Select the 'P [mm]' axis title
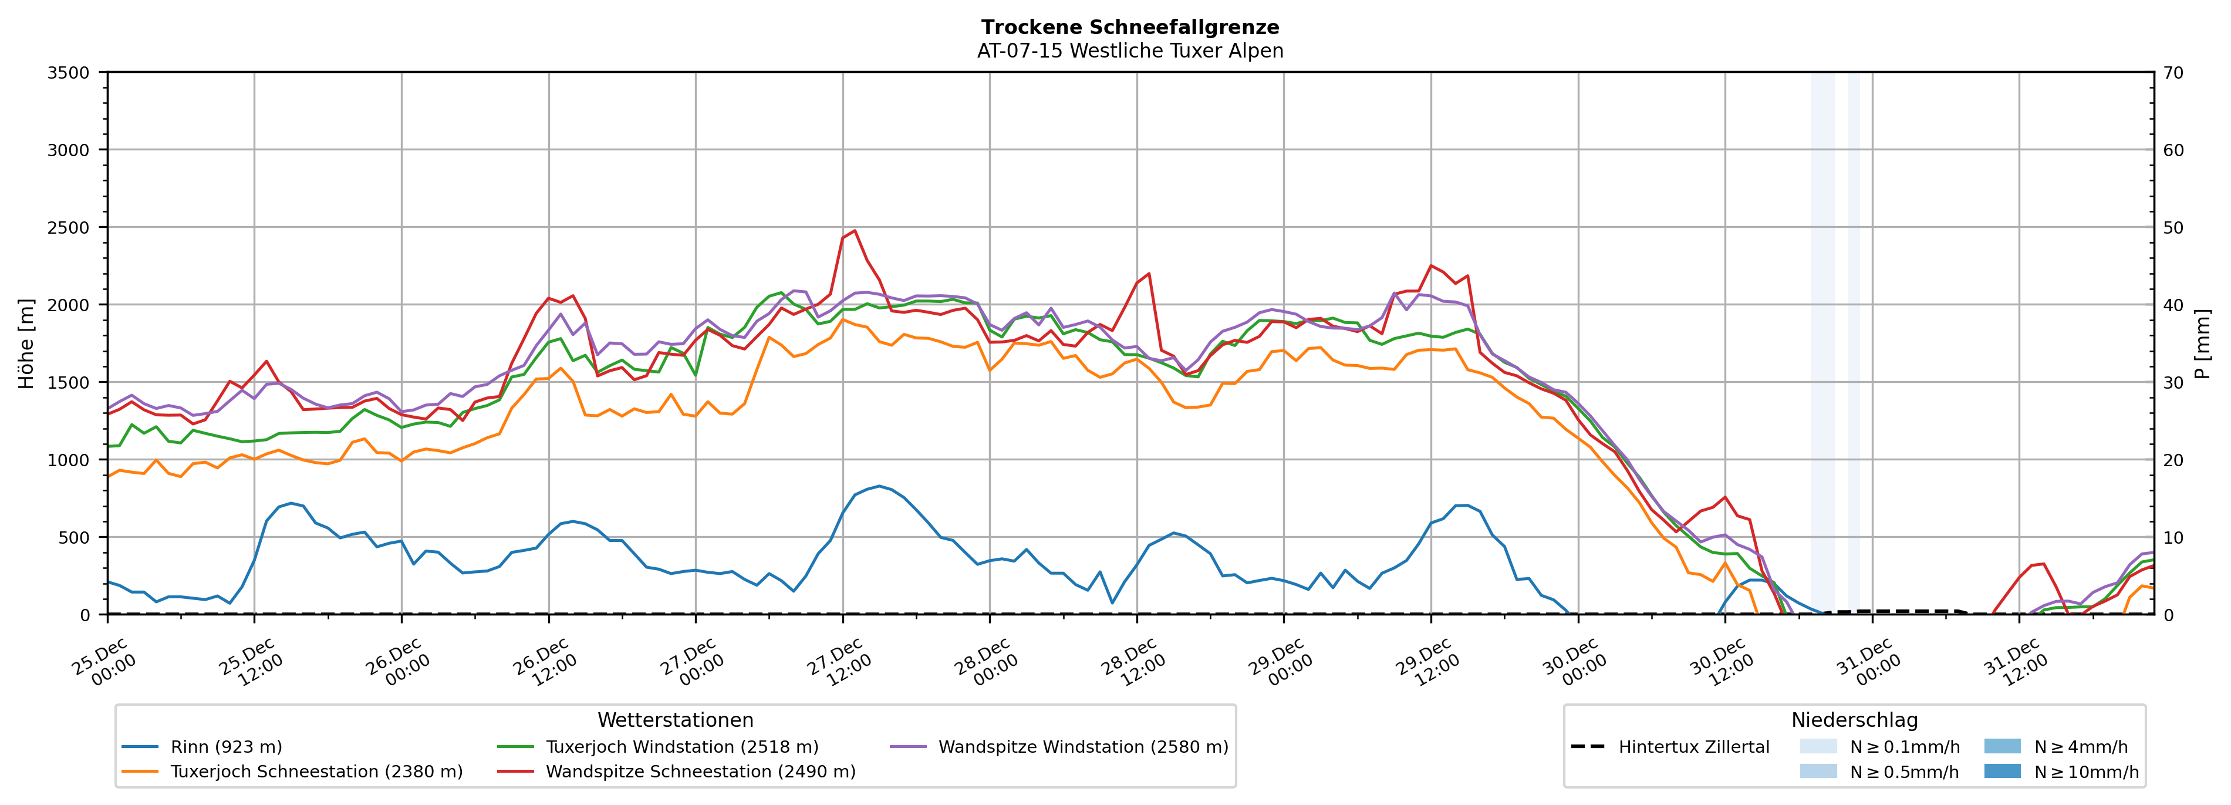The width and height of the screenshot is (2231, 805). point(2202,343)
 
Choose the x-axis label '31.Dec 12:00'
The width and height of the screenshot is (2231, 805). point(2014,663)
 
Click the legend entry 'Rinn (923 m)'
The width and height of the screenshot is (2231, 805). point(226,747)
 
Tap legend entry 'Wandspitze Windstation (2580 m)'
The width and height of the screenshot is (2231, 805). point(1082,747)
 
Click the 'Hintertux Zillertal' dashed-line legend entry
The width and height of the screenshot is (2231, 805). point(1693,747)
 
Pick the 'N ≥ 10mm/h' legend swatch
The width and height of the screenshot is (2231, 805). point(2002,771)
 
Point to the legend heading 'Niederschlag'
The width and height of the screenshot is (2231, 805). point(1854,720)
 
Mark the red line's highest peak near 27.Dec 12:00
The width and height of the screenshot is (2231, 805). point(855,231)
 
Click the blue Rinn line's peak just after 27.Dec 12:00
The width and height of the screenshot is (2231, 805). point(879,486)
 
